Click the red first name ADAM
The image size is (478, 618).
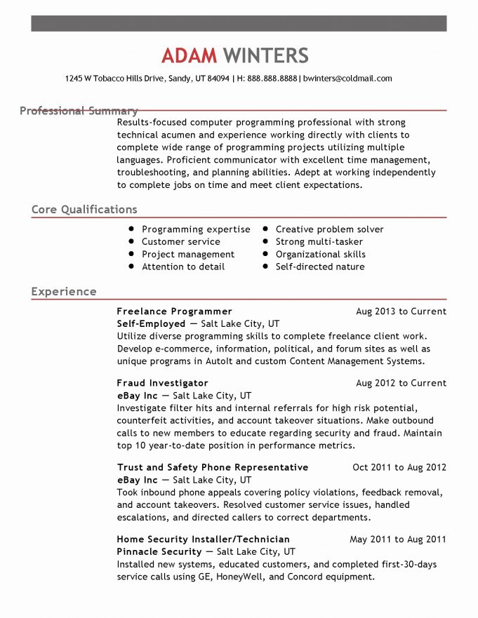pos(190,55)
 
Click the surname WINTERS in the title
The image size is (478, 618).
pos(266,55)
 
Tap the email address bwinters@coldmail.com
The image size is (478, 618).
pos(347,79)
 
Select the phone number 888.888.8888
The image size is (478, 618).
pos(272,79)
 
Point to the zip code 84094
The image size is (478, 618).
pos(218,79)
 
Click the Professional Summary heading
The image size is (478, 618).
pos(79,111)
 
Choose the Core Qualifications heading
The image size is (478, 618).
pos(84,210)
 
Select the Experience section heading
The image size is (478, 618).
pos(64,292)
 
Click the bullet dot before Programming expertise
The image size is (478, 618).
pos(131,229)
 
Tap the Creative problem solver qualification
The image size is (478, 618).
pos(329,229)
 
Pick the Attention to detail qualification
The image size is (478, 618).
pos(183,267)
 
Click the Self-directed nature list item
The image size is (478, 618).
pos(319,267)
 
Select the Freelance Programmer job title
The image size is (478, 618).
pos(174,311)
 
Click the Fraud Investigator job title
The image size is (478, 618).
pos(162,384)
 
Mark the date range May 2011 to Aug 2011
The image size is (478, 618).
pos(397,539)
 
